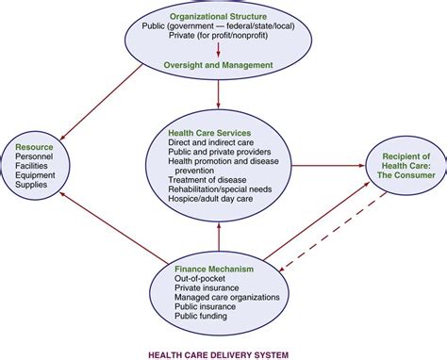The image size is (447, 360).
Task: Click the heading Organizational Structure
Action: [x=219, y=16]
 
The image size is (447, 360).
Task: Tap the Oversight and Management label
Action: [x=219, y=64]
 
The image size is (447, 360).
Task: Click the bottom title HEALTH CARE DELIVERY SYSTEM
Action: [x=219, y=353]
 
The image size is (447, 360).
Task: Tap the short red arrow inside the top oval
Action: [x=219, y=49]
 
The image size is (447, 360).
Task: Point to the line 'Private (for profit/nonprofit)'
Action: [x=219, y=39]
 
